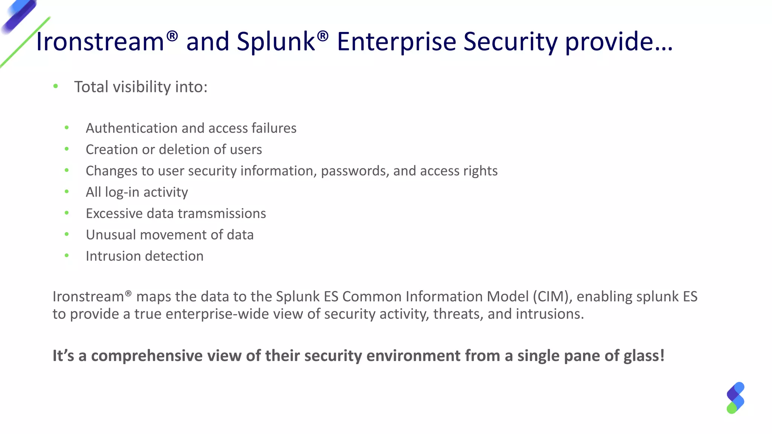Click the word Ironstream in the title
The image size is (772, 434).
tap(100, 41)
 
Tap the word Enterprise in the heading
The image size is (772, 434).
tap(396, 41)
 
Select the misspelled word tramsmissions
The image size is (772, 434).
tap(222, 214)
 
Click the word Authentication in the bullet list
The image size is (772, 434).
tap(132, 128)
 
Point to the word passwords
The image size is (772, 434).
tap(355, 171)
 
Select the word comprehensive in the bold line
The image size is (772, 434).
tap(147, 356)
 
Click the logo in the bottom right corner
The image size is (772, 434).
tap(735, 398)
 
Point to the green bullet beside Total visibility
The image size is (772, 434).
tap(56, 87)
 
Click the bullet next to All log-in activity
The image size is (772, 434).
tap(67, 192)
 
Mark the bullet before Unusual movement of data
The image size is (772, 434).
tap(67, 234)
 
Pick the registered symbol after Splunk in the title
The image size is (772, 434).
tap(323, 36)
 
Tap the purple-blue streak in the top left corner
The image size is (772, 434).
tap(19, 15)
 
